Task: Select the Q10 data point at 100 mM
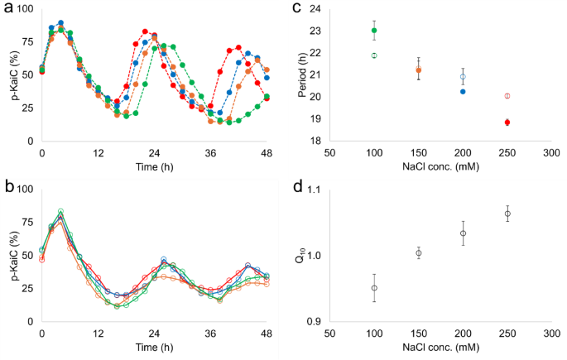tap(374, 288)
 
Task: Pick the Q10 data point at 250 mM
tap(507, 214)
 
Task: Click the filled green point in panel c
tap(374, 31)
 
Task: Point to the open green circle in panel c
tap(374, 55)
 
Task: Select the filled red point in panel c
tap(507, 122)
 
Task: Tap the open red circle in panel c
tap(507, 96)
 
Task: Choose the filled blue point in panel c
tap(463, 91)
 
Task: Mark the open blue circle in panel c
tap(463, 76)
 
